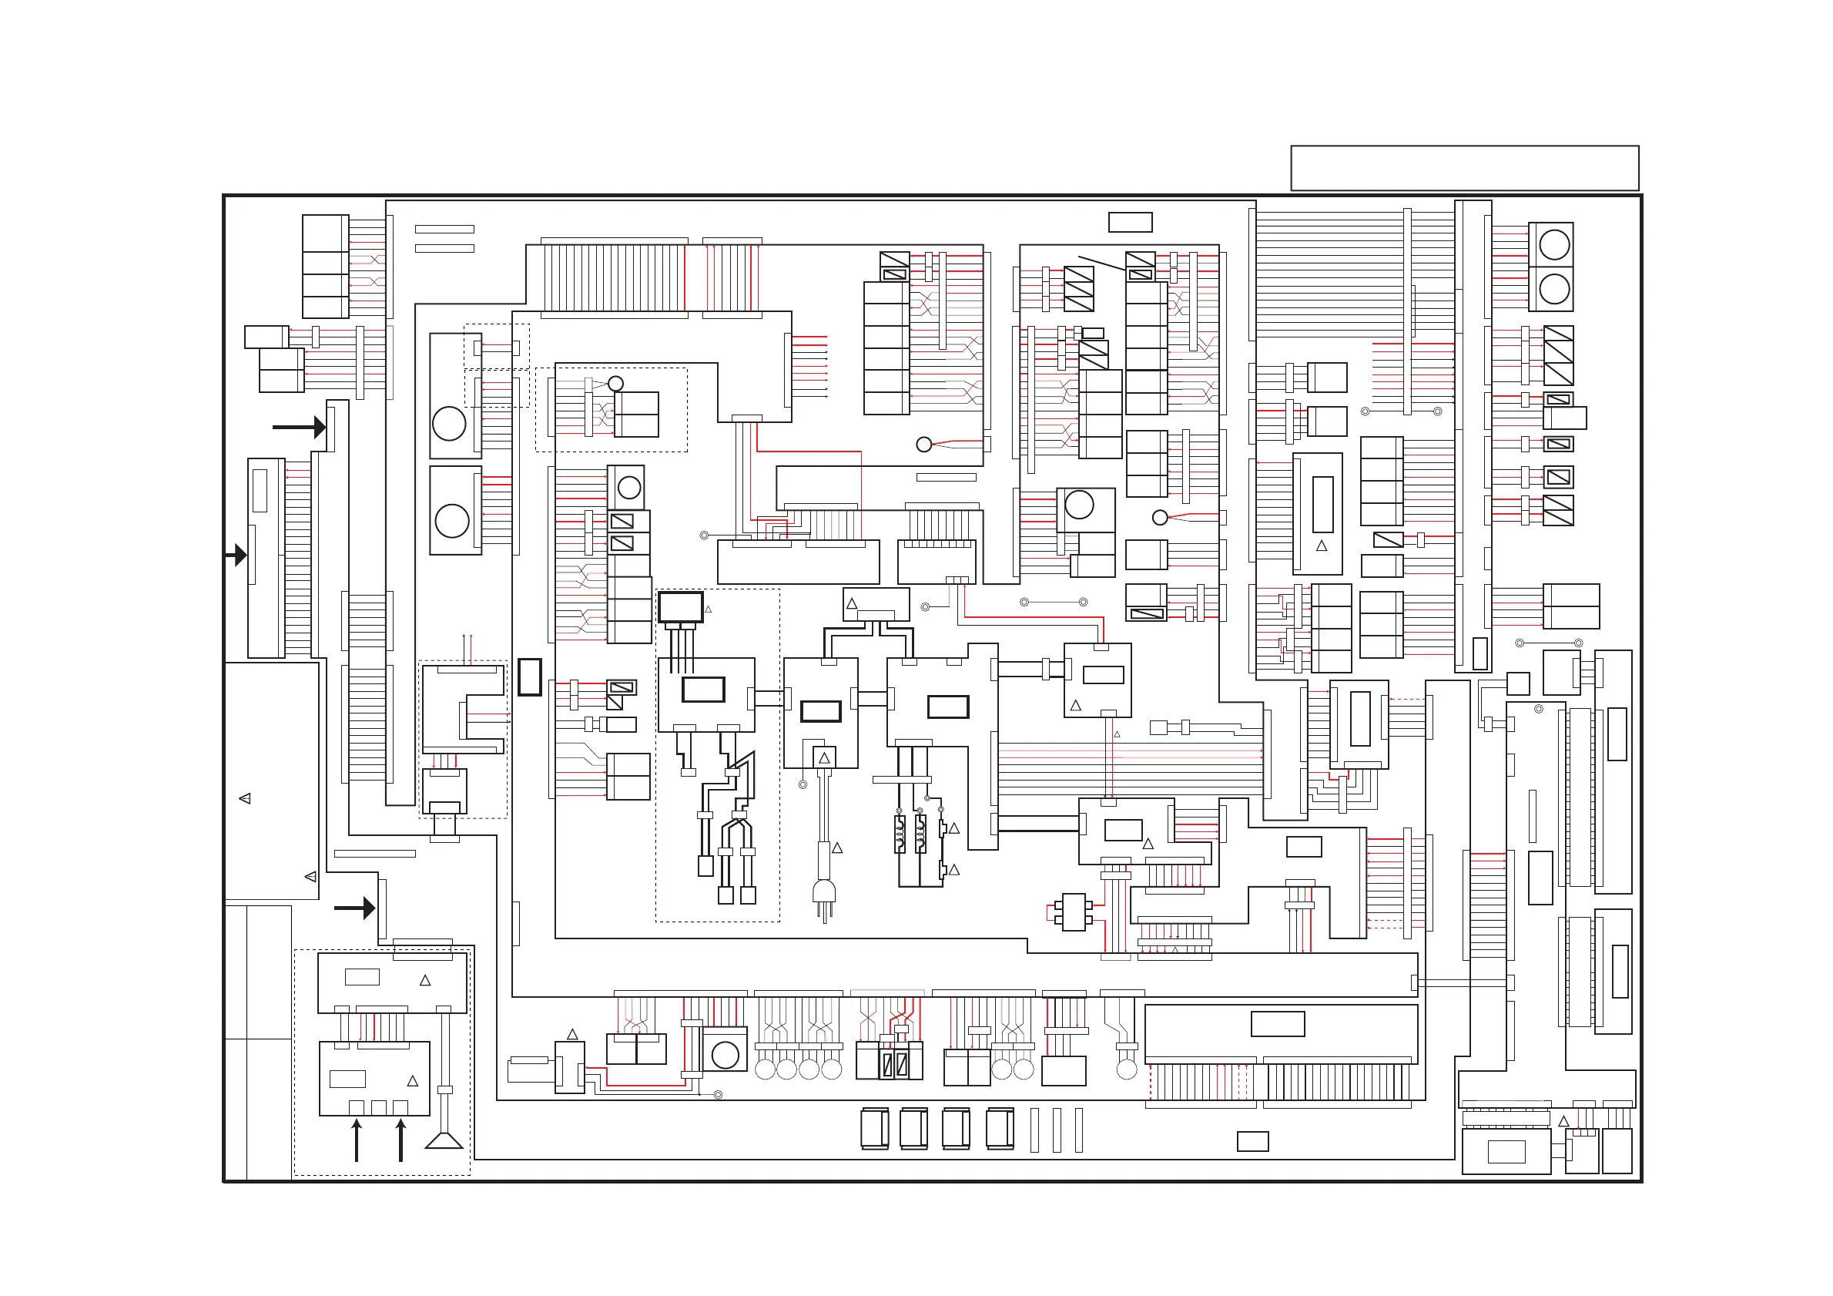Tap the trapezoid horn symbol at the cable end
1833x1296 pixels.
[444, 1140]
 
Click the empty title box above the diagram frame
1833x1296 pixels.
[1464, 168]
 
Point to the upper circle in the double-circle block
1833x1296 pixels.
[1553, 244]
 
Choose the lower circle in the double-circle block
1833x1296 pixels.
[1553, 289]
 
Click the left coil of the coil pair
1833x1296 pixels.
[900, 833]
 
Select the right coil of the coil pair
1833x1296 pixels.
[920, 833]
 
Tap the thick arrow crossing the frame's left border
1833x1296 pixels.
[236, 553]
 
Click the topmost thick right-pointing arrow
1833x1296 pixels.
[300, 427]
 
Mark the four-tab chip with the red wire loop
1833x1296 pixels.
[1074, 912]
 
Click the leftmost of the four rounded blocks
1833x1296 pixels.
[874, 1129]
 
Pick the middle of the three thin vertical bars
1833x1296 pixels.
[1057, 1130]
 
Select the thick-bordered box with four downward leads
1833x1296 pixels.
[680, 608]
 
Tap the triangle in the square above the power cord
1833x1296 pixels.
[824, 757]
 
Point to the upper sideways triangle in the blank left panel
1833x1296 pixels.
[245, 798]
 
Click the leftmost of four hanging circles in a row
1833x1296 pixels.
[765, 1069]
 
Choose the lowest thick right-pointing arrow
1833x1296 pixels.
[354, 908]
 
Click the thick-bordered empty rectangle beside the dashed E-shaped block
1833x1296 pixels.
[529, 677]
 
